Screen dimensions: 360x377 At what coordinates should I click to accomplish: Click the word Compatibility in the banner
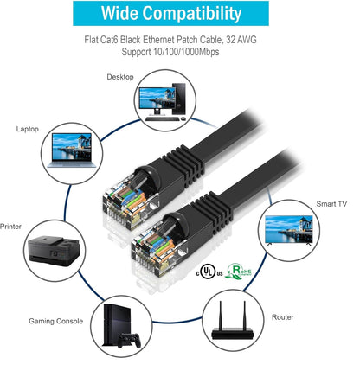click(191, 13)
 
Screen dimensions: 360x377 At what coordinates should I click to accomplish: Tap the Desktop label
click(120, 77)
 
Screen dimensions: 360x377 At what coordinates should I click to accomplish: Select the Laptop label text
click(28, 129)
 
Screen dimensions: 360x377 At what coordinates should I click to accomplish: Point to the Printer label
click(10, 227)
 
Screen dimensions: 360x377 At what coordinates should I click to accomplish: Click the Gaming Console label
click(55, 321)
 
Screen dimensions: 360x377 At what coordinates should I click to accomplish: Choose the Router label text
click(282, 317)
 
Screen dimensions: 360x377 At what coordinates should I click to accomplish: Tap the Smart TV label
click(331, 204)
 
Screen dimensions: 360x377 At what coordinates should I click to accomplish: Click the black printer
click(54, 251)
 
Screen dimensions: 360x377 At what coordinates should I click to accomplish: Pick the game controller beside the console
click(129, 340)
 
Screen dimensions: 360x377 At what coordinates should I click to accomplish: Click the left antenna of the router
click(221, 316)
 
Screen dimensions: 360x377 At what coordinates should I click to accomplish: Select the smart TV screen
click(289, 229)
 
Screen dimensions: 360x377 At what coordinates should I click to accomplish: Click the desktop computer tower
click(179, 99)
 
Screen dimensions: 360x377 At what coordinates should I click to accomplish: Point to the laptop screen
click(72, 147)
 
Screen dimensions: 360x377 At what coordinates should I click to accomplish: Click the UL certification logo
click(208, 272)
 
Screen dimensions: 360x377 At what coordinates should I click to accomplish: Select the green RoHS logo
click(238, 271)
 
